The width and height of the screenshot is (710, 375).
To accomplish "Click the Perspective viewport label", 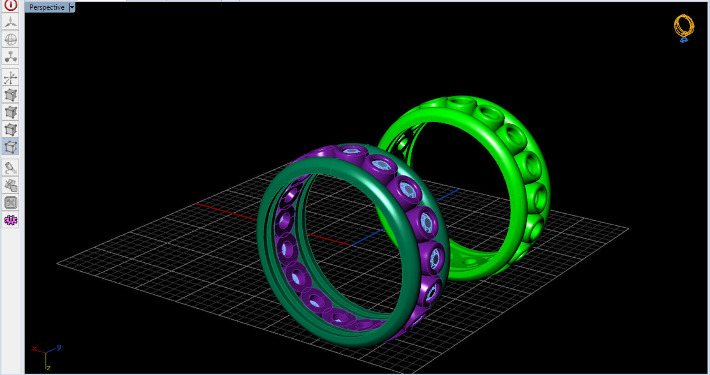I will (x=46, y=7).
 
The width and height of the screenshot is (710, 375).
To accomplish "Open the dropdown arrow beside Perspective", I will (x=72, y=7).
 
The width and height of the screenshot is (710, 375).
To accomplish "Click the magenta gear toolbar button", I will (x=11, y=220).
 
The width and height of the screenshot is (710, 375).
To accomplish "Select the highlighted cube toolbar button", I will (x=11, y=147).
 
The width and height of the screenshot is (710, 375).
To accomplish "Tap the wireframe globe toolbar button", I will (x=11, y=39).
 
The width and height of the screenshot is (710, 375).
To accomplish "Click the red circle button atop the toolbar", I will (x=11, y=5).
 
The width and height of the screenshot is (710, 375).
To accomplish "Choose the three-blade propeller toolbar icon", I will (x=11, y=22).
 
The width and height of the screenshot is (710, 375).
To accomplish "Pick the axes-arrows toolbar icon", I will (x=11, y=77).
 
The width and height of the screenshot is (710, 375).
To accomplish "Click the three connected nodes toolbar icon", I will (x=11, y=57).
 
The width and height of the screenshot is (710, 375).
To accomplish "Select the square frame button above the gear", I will (x=11, y=203).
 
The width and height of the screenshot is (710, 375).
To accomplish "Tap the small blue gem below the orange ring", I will (x=684, y=40).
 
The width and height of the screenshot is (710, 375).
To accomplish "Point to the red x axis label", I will (x=34, y=349).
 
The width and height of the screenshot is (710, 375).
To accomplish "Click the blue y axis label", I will (x=59, y=347).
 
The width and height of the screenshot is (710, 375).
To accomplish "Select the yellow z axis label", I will (x=48, y=368).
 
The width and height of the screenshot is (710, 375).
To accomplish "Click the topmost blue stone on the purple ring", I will (x=352, y=151).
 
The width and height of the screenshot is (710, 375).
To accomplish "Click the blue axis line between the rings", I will (x=367, y=239).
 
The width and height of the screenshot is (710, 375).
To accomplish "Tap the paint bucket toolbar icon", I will (x=11, y=167).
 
